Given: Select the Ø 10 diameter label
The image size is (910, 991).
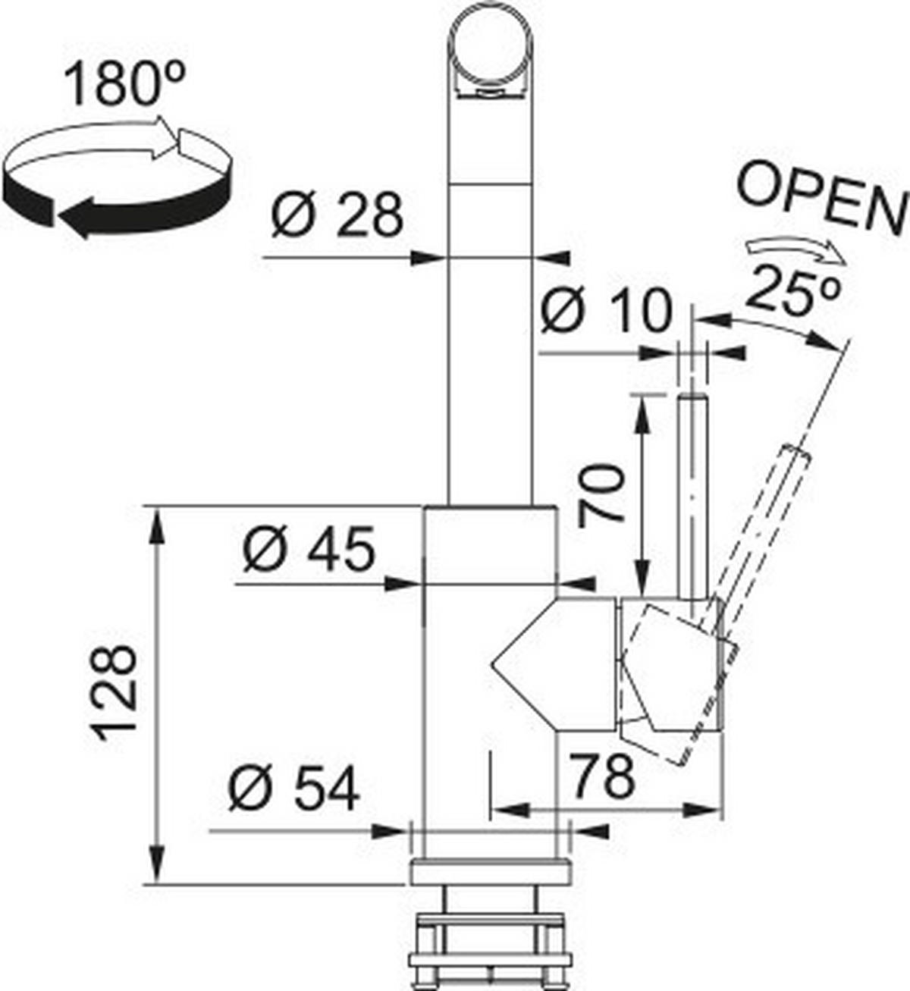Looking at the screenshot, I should [x=606, y=310].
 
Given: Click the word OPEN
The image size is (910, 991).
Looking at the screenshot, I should [x=822, y=199].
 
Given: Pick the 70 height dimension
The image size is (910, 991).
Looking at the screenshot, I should [x=601, y=496].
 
